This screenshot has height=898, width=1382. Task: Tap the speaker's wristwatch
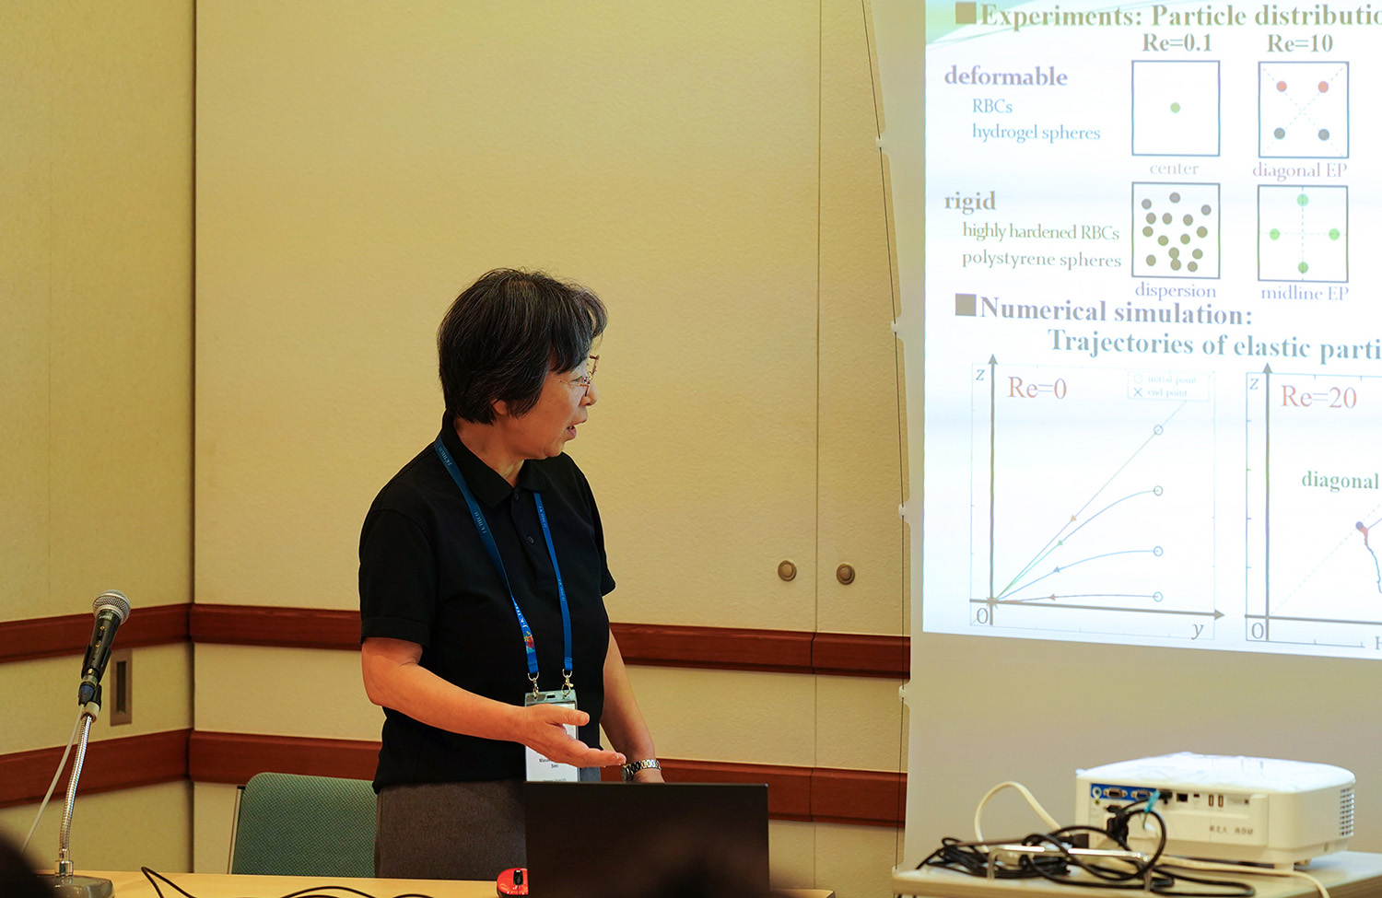(x=641, y=767)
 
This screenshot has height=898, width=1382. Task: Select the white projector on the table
(x=1215, y=808)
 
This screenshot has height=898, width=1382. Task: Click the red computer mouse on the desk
(x=511, y=881)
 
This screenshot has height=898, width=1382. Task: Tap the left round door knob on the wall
(x=787, y=570)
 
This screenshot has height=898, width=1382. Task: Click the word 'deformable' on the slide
(x=1005, y=76)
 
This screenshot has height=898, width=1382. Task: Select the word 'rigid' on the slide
(x=969, y=201)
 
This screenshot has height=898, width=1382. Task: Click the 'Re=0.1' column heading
(x=1177, y=42)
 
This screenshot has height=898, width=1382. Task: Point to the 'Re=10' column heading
(x=1299, y=43)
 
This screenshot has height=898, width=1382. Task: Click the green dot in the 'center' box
(x=1175, y=108)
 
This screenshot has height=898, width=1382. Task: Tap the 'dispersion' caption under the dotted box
(x=1175, y=291)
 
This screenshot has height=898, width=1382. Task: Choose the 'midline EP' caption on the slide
(x=1304, y=293)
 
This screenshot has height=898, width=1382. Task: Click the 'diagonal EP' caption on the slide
(x=1299, y=170)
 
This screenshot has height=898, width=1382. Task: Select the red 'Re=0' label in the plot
(x=1036, y=388)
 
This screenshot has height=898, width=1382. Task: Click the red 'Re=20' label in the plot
(x=1318, y=397)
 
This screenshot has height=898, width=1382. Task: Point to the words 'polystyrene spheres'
(x=1041, y=259)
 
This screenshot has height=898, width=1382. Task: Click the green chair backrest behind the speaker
(x=303, y=823)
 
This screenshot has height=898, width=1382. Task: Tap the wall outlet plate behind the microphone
(x=121, y=687)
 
